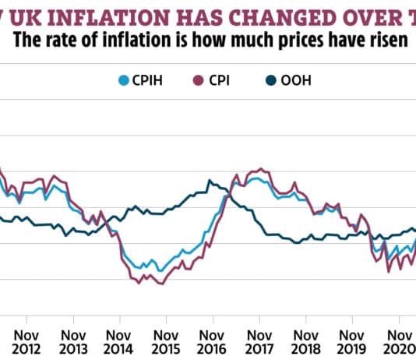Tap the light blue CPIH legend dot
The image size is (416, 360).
(123, 79)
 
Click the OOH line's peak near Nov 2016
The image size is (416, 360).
(209, 181)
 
